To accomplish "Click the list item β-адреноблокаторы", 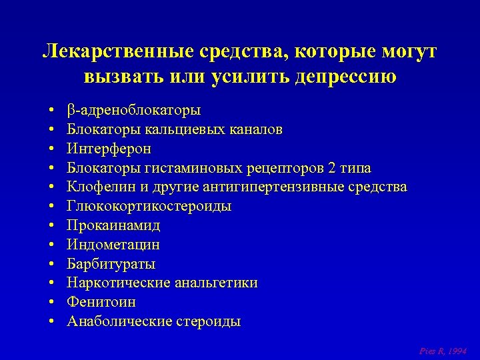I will pos(134,110).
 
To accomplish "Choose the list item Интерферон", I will pos(109,148).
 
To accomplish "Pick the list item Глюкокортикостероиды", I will pos(149,206).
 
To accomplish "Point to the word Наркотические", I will pos(118,283).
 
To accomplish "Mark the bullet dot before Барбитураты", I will pos(51,264).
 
